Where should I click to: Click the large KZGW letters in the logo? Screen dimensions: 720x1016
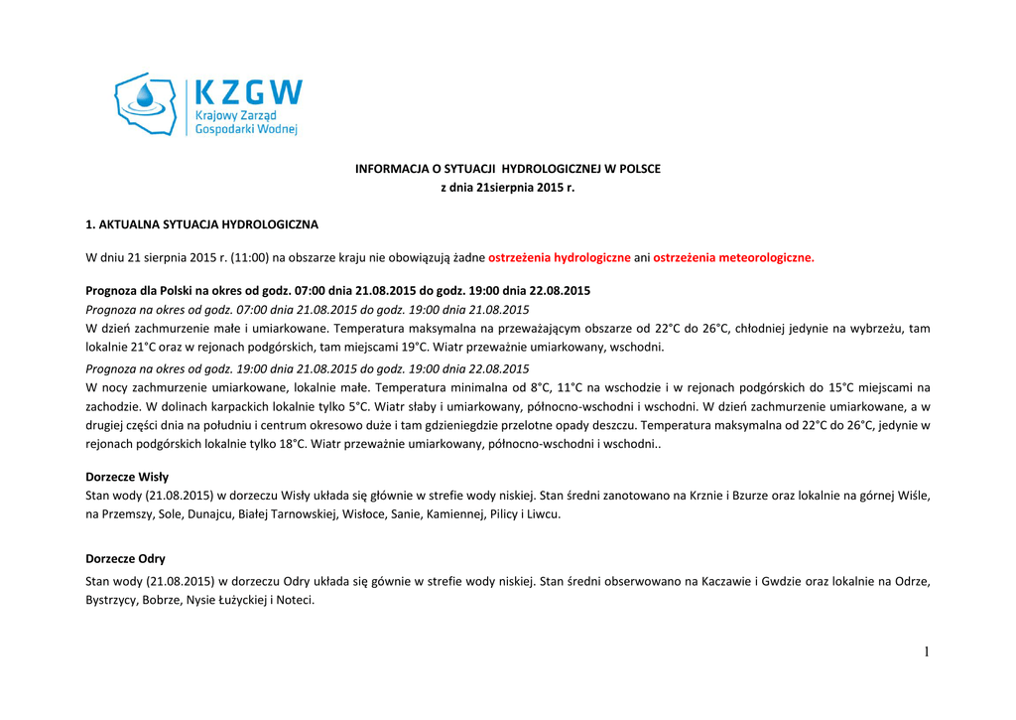pos(248,92)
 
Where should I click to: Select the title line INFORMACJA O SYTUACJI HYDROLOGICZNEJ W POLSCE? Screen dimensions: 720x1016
pos(508,169)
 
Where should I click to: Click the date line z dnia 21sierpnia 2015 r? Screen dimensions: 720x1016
pos(508,188)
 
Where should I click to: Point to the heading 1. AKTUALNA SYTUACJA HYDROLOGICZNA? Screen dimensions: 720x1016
pos(202,225)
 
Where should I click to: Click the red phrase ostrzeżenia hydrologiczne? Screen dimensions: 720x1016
pos(560,258)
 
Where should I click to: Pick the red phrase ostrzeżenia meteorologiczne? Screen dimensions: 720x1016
pos(733,258)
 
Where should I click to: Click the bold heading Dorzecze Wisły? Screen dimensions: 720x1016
pos(128,477)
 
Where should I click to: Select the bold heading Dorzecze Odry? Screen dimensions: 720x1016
pos(126,559)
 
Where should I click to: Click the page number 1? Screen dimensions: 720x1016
pos(927,651)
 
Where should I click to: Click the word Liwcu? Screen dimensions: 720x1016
pos(544,514)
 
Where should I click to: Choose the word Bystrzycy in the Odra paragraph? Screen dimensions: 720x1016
pos(112,600)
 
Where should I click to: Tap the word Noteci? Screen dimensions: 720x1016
pos(295,600)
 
